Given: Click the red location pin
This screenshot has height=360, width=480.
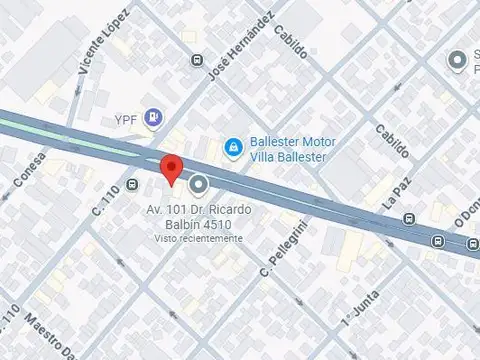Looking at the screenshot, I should (171, 169).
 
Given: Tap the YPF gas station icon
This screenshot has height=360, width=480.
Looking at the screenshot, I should (153, 118).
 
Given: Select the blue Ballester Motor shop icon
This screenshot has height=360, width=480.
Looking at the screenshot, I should (233, 148).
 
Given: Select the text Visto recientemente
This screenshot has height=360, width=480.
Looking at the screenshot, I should (198, 238).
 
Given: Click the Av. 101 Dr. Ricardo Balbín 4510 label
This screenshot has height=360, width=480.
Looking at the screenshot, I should (198, 217).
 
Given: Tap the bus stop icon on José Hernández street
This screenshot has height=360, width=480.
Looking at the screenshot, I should (194, 59).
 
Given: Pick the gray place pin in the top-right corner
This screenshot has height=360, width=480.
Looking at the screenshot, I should (459, 62).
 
